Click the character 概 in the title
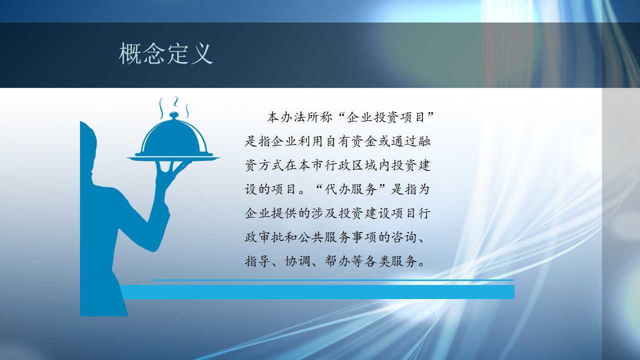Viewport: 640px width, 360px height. click(130, 53)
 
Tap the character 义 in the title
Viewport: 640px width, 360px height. click(202, 53)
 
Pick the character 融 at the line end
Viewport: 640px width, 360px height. click(424, 141)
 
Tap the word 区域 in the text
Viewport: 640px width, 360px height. click(364, 165)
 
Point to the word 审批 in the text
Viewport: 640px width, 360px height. click(271, 237)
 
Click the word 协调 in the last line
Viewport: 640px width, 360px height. click(297, 261)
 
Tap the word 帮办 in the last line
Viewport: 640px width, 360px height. click(337, 261)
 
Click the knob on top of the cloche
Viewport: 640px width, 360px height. click(173, 115)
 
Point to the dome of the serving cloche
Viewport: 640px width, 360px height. click(173, 137)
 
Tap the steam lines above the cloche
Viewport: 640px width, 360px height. click(174, 107)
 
